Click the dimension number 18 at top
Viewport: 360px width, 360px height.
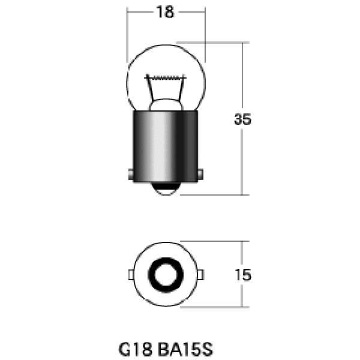click(x=165, y=12)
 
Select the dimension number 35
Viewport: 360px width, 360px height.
click(x=242, y=119)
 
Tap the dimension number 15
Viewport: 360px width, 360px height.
click(x=243, y=275)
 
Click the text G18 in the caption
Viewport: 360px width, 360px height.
click(x=136, y=349)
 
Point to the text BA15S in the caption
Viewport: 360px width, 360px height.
click(x=185, y=349)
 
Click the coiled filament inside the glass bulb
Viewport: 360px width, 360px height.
click(x=166, y=77)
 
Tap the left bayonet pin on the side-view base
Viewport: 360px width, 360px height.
click(x=131, y=175)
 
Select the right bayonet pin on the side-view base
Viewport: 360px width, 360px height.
click(x=200, y=175)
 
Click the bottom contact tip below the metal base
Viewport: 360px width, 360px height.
click(x=166, y=189)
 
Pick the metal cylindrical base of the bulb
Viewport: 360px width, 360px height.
click(x=166, y=146)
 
